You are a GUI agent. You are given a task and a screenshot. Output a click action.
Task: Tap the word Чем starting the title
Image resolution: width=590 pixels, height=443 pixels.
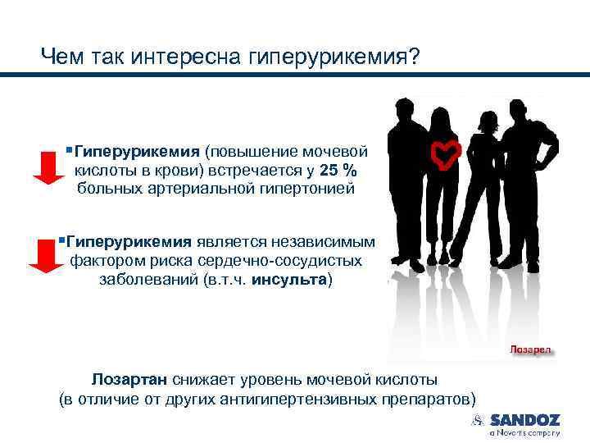pos(61,57)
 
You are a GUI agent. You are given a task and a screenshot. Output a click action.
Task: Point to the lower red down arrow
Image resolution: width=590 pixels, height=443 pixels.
pos(42,255)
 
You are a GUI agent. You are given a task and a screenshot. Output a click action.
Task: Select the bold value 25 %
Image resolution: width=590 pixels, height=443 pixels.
pos(338,171)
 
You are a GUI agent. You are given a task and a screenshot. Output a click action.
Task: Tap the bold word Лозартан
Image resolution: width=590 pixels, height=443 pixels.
pos(129,380)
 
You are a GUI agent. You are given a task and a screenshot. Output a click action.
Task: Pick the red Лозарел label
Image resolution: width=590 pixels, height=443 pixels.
pos(533,349)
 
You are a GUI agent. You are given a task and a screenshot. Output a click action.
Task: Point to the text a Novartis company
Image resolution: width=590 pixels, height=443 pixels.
pos(524,432)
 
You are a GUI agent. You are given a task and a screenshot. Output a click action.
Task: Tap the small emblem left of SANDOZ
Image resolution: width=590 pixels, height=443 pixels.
pos(478,421)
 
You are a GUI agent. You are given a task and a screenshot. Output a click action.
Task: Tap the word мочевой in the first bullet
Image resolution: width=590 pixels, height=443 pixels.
pos(337,152)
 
